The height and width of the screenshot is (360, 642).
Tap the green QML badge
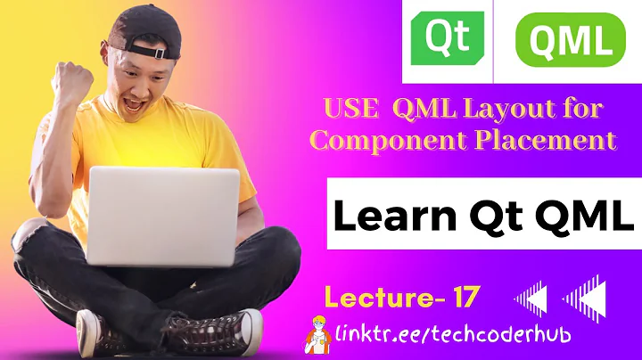[x=571, y=40]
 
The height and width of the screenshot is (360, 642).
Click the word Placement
[x=541, y=140]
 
